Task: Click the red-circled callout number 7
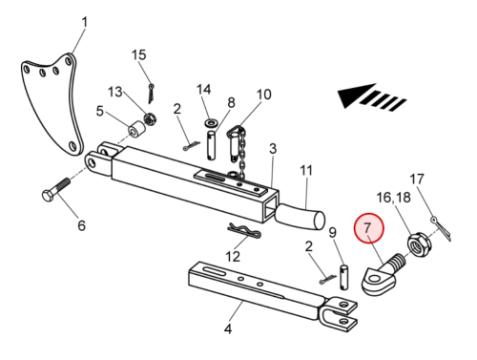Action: pyautogui.click(x=367, y=228)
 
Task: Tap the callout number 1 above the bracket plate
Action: pyautogui.click(x=84, y=23)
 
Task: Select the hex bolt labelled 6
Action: pyautogui.click(x=55, y=189)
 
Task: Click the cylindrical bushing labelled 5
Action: pyautogui.click(x=136, y=129)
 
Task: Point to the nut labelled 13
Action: pyautogui.click(x=149, y=118)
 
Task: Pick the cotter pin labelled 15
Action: pyautogui.click(x=151, y=93)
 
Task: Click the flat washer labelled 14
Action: pyautogui.click(x=210, y=121)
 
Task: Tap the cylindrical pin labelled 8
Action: pyautogui.click(x=211, y=145)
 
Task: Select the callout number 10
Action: pyautogui.click(x=263, y=95)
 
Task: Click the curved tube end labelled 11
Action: pyautogui.click(x=301, y=217)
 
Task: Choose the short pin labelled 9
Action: pyautogui.click(x=344, y=277)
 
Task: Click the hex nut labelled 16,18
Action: pyautogui.click(x=419, y=245)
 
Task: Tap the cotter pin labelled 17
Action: pyautogui.click(x=441, y=227)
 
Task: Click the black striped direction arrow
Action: pyautogui.click(x=371, y=95)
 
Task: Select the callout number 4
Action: pyautogui.click(x=228, y=328)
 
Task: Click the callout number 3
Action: pyautogui.click(x=273, y=149)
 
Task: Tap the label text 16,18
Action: pyautogui.click(x=393, y=198)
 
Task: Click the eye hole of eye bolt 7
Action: pyautogui.click(x=375, y=280)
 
